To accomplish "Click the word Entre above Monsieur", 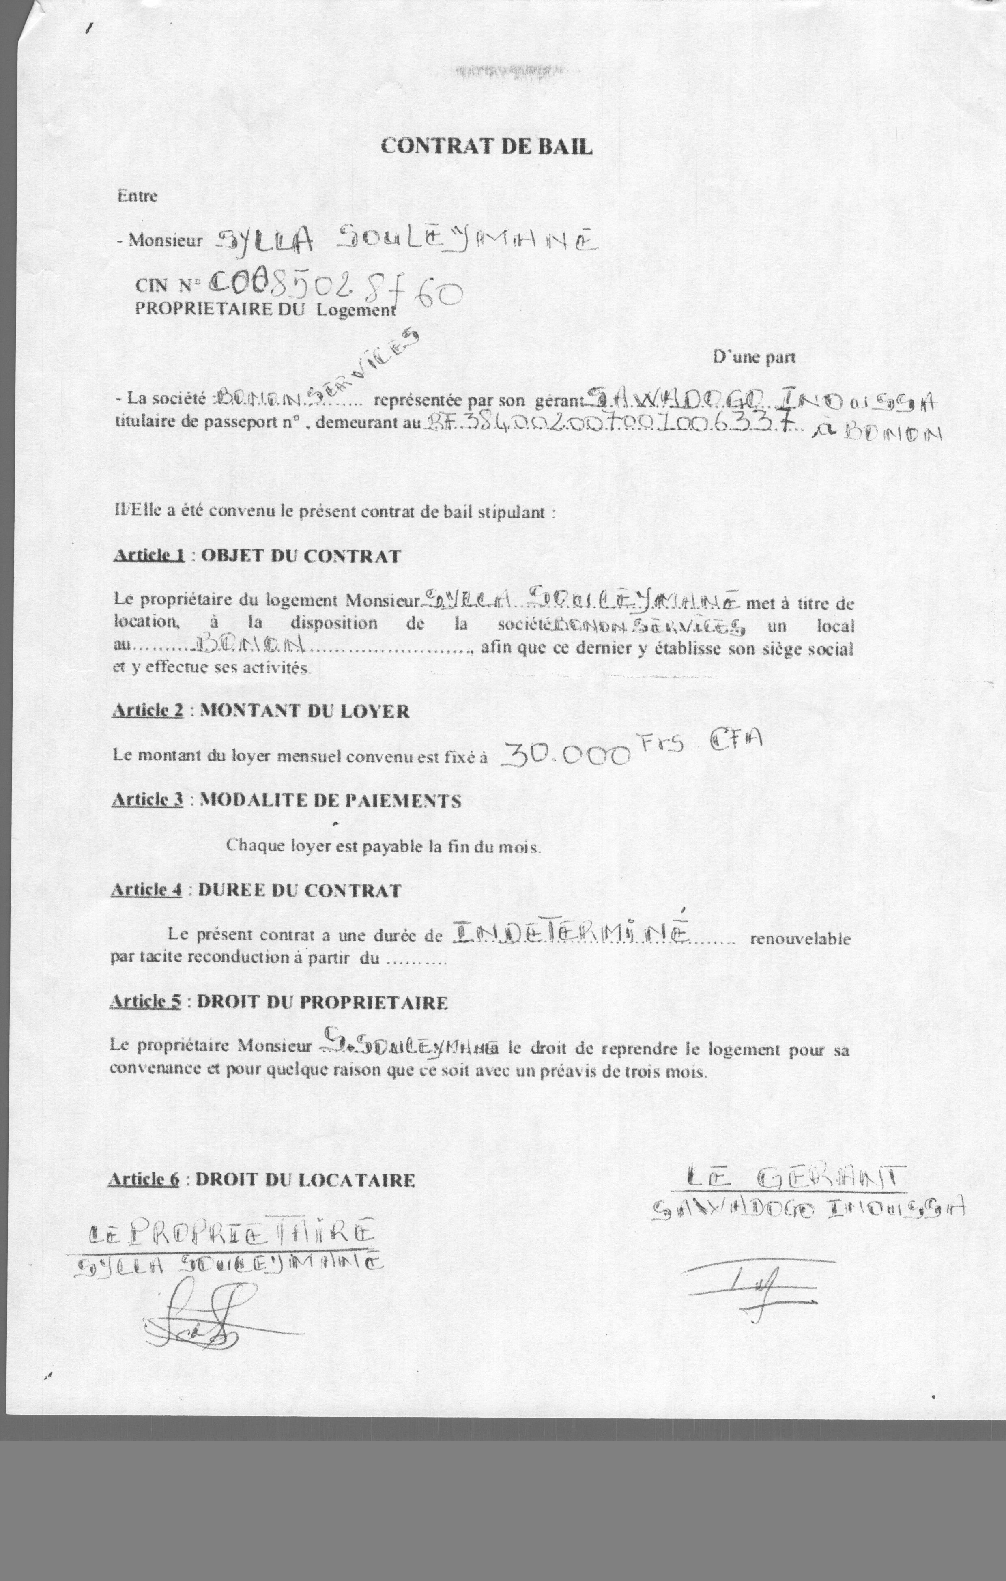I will click(x=137, y=196).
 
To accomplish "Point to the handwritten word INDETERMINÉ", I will click(x=570, y=933).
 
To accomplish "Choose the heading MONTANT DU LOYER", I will click(x=305, y=711).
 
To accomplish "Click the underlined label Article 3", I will click(x=147, y=800).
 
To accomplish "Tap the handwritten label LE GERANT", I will click(x=793, y=1177).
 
